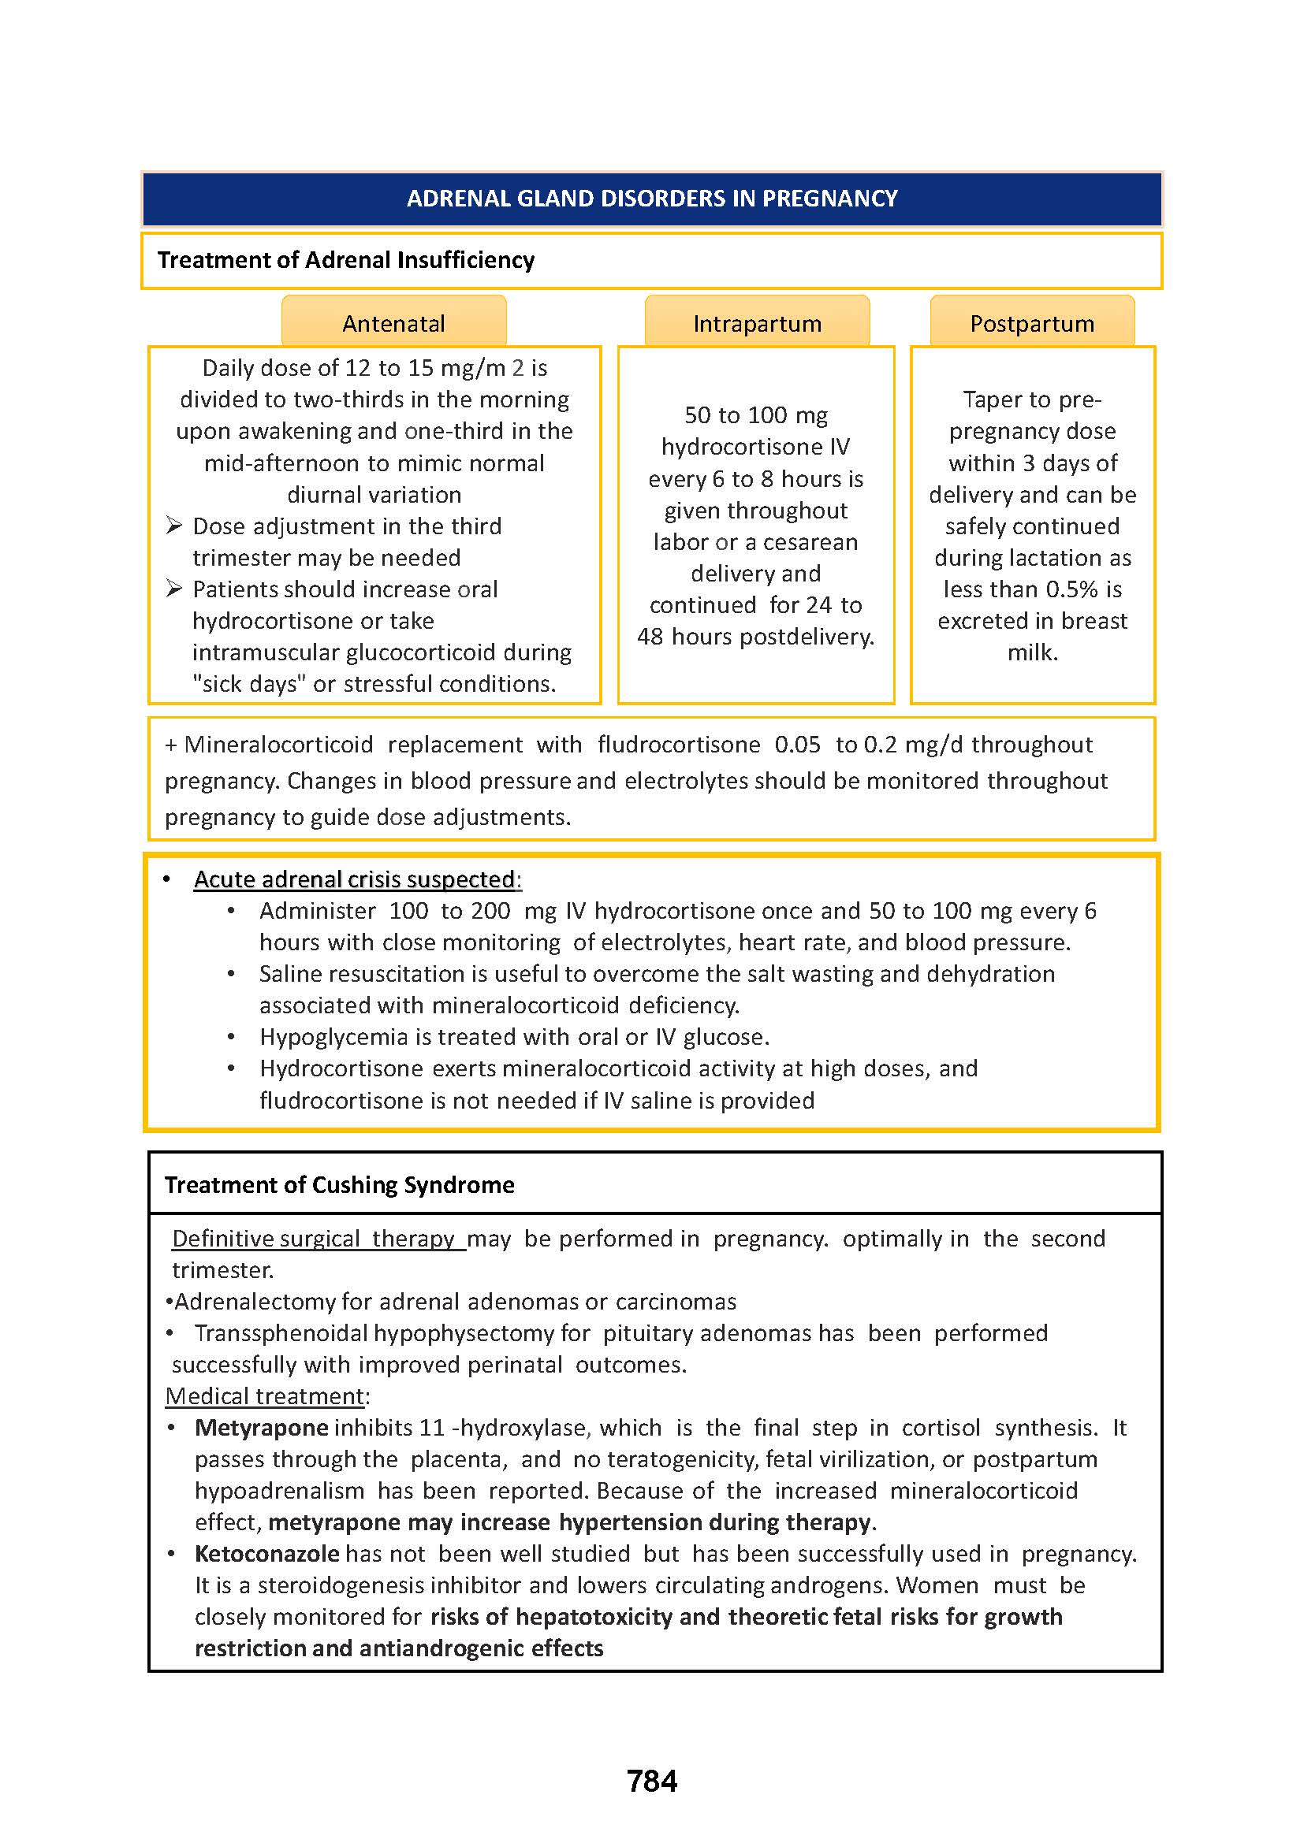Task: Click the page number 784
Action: [651, 1781]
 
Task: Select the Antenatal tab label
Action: [393, 324]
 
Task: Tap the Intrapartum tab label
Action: [757, 324]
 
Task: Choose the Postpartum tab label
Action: [1032, 324]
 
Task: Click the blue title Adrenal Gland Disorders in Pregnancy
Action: [651, 199]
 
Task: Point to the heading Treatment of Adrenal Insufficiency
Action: [345, 260]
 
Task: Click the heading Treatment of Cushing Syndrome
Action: [339, 1185]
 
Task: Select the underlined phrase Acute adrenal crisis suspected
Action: [354, 879]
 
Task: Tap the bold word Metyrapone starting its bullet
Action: [261, 1427]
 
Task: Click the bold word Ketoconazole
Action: [266, 1553]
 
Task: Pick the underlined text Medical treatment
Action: [265, 1396]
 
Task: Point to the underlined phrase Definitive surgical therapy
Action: [313, 1239]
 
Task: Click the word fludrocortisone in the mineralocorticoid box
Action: [679, 745]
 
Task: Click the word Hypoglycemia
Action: [333, 1037]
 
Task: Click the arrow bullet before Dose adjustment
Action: [174, 526]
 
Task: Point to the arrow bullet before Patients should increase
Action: [174, 589]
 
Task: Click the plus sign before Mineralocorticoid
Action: [170, 745]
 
